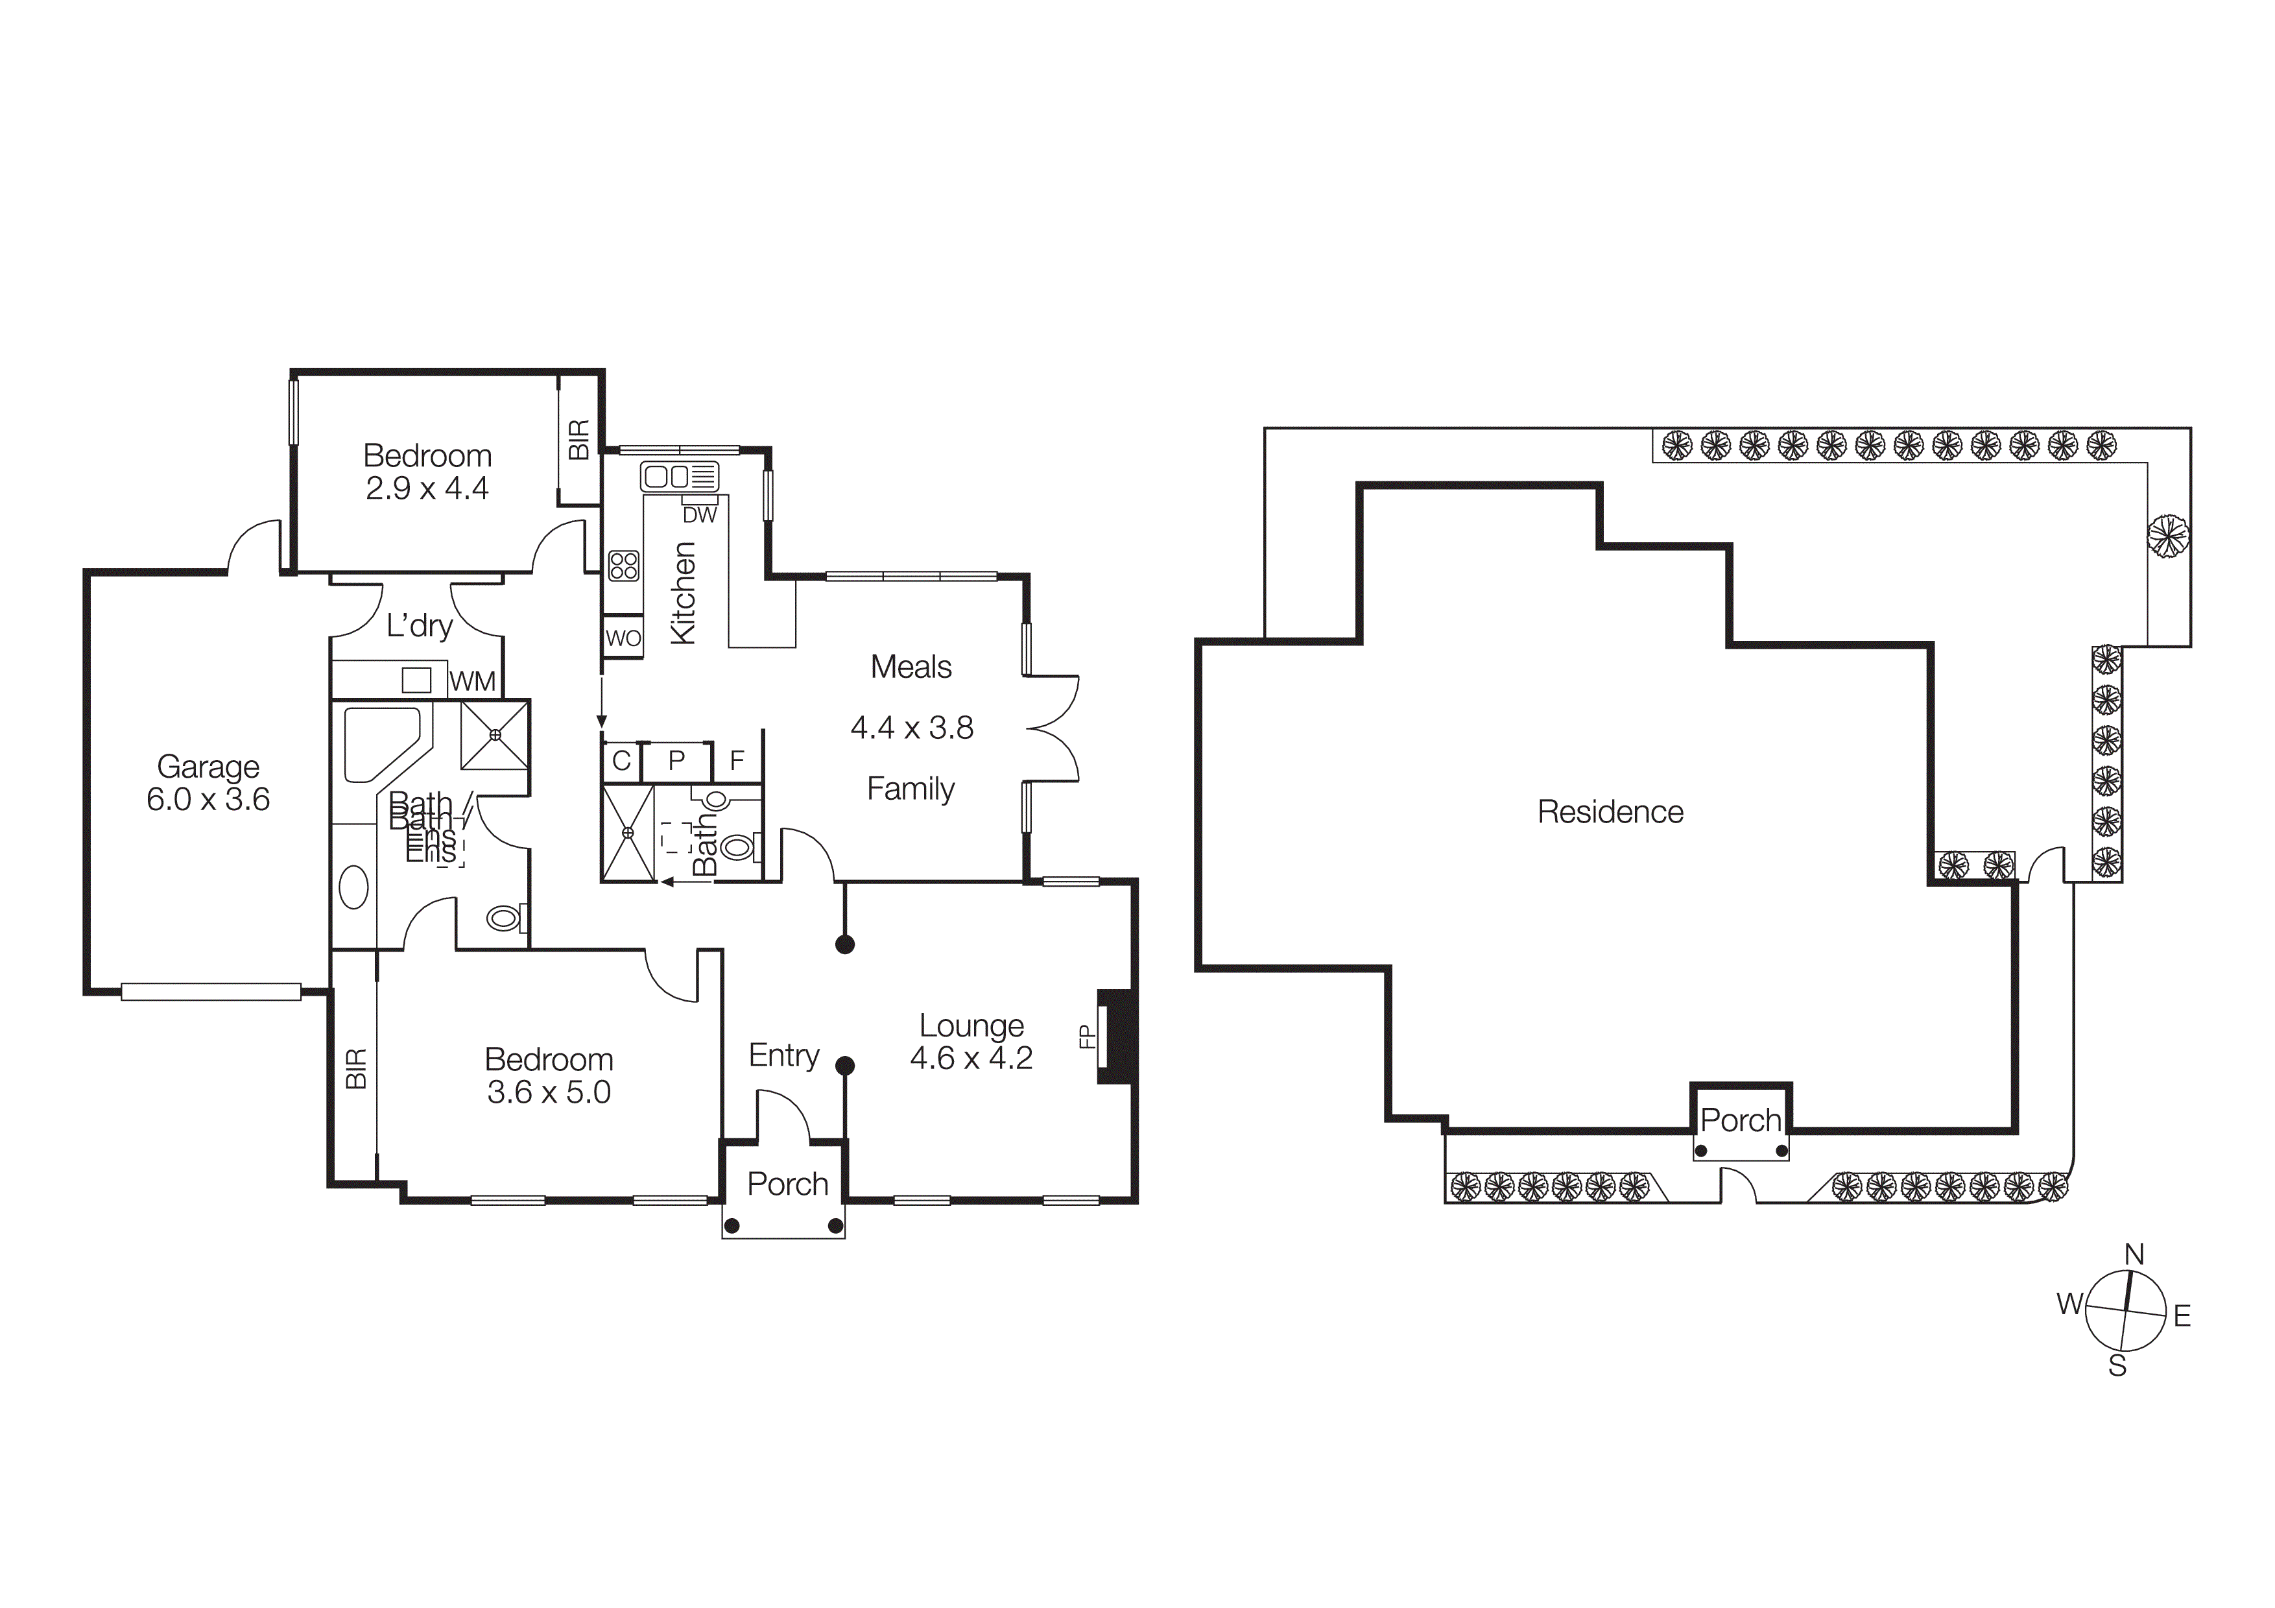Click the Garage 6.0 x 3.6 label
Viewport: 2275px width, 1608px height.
click(208, 783)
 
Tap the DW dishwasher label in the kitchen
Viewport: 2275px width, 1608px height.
click(700, 515)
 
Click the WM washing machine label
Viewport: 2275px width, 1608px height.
click(473, 682)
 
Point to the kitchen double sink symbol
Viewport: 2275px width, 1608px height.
click(679, 477)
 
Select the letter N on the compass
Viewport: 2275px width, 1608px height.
click(2134, 1254)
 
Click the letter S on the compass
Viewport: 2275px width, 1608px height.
click(2117, 1366)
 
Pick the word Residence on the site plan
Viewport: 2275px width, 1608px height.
click(1610, 812)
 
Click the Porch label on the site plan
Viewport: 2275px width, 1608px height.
click(1740, 1121)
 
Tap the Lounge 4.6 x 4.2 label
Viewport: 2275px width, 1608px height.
click(971, 1041)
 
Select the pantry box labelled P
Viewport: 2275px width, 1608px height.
click(677, 761)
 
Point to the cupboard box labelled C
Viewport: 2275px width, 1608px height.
click(621, 761)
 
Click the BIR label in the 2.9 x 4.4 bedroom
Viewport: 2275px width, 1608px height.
click(578, 439)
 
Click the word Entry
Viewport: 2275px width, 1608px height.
click(784, 1055)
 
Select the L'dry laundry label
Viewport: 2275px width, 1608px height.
click(419, 626)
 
